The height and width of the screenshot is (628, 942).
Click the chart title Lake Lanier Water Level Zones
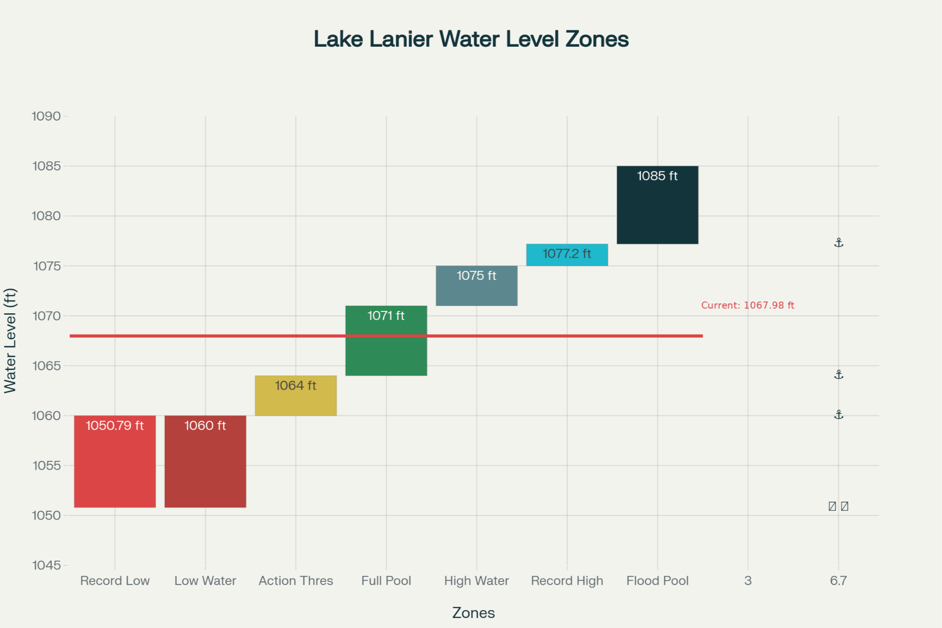(x=471, y=39)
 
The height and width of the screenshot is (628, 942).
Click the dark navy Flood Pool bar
(x=658, y=212)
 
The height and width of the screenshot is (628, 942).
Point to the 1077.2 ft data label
(x=567, y=254)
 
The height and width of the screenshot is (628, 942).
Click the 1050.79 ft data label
(x=115, y=426)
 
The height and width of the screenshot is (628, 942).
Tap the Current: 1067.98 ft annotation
(x=747, y=305)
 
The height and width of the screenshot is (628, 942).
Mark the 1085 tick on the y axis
(x=47, y=166)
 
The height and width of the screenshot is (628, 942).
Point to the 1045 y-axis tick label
(x=47, y=565)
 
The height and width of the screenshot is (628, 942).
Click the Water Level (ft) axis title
(x=10, y=341)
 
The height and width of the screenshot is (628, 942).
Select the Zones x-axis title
(x=473, y=613)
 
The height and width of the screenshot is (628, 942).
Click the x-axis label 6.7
(x=838, y=581)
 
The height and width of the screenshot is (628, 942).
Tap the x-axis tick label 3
(x=748, y=581)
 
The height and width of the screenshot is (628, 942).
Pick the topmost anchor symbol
(x=838, y=243)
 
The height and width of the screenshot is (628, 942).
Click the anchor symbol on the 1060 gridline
(x=838, y=415)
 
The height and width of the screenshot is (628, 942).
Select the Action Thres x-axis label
(x=296, y=581)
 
